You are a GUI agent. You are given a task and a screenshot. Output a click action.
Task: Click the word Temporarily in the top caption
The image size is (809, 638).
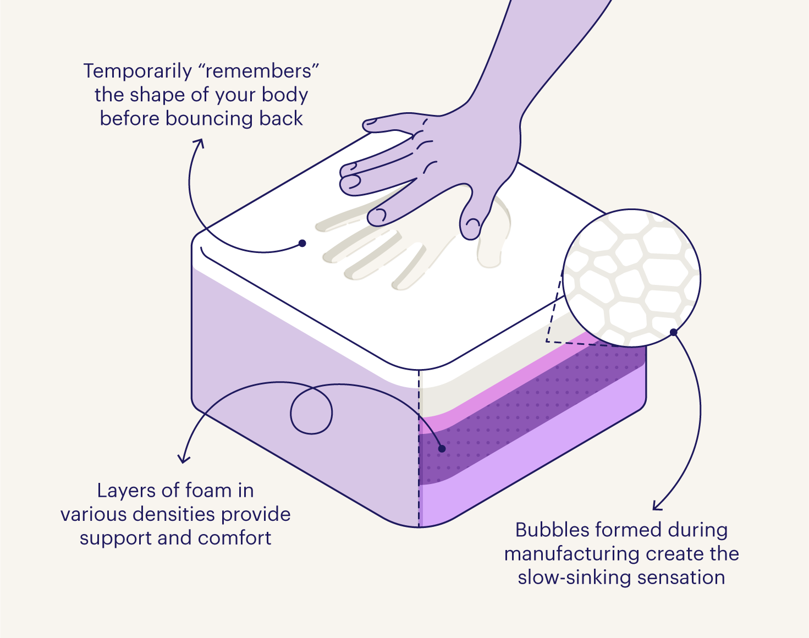click(x=137, y=71)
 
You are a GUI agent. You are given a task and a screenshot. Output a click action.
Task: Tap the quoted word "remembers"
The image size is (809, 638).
click(x=260, y=71)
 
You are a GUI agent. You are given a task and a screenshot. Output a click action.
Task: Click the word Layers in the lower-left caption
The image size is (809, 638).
click(x=124, y=491)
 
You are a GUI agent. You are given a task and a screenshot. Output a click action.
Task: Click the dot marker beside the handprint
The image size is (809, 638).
click(x=302, y=243)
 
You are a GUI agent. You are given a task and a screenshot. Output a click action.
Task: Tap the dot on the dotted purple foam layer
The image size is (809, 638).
click(x=442, y=449)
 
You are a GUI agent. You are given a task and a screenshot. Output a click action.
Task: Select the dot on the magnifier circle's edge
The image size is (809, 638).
click(x=673, y=332)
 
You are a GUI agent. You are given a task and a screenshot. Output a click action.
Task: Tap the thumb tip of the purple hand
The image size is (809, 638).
click(x=470, y=229)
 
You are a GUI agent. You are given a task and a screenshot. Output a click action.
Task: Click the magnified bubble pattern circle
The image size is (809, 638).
click(x=631, y=278)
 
